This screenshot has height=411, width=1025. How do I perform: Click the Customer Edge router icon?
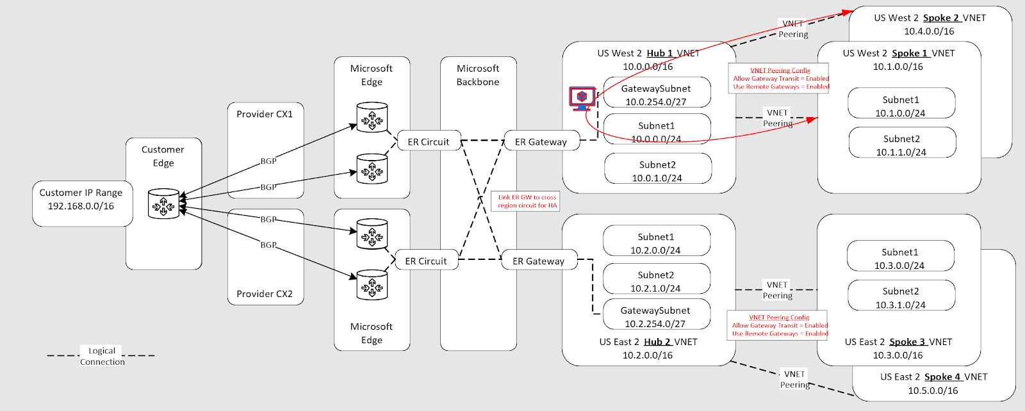click(163, 204)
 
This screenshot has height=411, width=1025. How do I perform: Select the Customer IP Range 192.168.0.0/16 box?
click(81, 200)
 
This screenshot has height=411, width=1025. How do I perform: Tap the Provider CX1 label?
click(265, 114)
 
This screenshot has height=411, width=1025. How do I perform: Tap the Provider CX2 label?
click(265, 294)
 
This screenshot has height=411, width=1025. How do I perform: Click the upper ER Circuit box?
click(429, 141)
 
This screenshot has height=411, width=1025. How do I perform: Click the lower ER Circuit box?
click(426, 261)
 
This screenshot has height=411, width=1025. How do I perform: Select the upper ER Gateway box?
click(541, 141)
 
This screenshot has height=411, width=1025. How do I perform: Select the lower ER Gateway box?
click(538, 261)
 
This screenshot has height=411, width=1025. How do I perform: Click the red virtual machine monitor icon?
click(582, 98)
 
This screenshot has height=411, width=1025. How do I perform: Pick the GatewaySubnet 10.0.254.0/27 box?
click(656, 95)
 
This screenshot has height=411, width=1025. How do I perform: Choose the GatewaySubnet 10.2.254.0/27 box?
click(655, 316)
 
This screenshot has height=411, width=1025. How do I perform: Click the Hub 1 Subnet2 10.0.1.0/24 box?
click(657, 171)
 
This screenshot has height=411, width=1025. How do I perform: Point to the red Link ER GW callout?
click(527, 201)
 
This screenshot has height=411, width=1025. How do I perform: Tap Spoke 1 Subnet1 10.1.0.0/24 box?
click(901, 106)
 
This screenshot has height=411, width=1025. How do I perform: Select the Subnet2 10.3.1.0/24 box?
click(900, 298)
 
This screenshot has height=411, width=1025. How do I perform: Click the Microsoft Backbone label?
click(478, 75)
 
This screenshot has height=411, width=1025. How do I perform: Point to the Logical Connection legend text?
click(102, 356)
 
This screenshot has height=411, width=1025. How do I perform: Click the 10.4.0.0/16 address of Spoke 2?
click(929, 31)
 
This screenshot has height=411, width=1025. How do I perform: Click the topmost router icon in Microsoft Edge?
click(372, 118)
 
